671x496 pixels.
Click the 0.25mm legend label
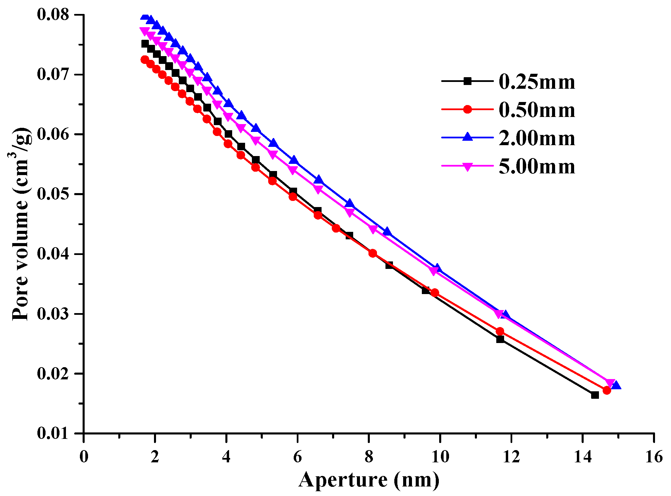pos(537,82)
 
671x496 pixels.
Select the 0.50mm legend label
pos(537,110)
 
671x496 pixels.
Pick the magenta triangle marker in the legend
pos(468,167)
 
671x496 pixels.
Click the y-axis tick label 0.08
pos(53,15)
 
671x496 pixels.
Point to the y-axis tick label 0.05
pos(53,194)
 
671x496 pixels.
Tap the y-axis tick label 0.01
pos(53,433)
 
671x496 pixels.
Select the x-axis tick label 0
pos(84,457)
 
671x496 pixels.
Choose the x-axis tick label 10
pos(440,457)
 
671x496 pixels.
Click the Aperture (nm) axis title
pos(369,480)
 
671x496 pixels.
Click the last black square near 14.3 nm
pos(595,395)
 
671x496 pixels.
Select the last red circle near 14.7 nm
pos(607,390)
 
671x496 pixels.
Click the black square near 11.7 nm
pos(500,339)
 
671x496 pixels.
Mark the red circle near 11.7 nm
pos(500,331)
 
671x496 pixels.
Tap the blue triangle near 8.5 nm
pos(387,232)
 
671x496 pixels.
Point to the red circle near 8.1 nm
pos(373,253)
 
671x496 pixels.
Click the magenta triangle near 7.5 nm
pos(349,212)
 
